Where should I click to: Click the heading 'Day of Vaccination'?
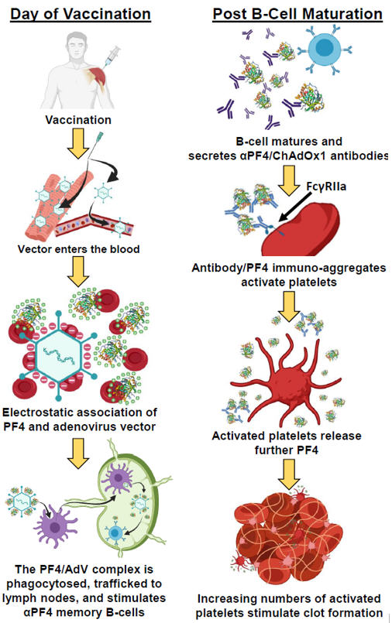[x=81, y=14]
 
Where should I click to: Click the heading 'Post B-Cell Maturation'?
[x=297, y=14]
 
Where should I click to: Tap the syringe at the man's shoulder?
[x=112, y=56]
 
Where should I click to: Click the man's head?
[x=77, y=46]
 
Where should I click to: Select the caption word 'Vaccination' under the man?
[x=78, y=120]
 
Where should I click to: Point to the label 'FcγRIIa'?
[x=326, y=186]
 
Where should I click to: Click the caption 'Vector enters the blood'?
[x=79, y=249]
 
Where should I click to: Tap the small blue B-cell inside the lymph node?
[x=115, y=532]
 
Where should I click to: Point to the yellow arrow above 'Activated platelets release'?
[x=289, y=306]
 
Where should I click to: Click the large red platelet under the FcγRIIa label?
[x=301, y=230]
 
